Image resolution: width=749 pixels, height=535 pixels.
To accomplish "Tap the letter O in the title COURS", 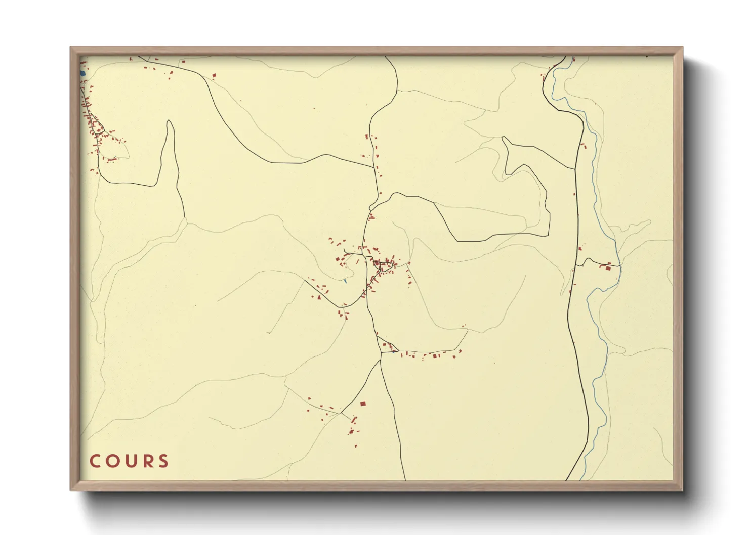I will pos(112,461).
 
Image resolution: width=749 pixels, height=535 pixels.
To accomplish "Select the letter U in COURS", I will pos(130,461).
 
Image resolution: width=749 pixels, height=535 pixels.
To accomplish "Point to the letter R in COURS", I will pos(147,461).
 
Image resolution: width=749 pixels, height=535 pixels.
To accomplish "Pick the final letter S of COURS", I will pos(163,461).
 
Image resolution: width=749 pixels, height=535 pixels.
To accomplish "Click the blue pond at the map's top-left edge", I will pos(82,74).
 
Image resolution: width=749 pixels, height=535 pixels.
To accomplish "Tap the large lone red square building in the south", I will pos(362,404).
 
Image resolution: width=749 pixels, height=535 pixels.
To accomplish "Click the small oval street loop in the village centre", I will pos(385,266).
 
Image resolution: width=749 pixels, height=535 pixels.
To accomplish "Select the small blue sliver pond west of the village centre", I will pos(344,281).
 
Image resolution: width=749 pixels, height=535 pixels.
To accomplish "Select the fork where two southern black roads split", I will pos(380,360).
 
